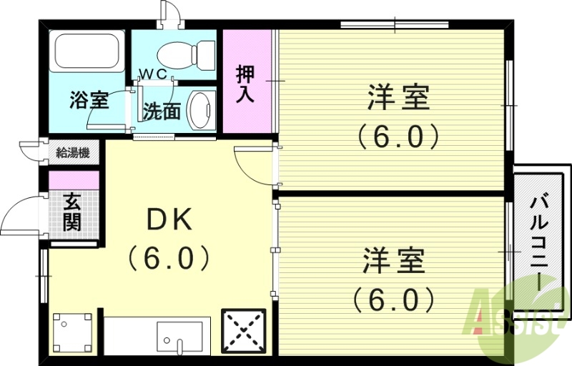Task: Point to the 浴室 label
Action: click(x=89, y=100)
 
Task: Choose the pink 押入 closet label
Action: click(x=246, y=84)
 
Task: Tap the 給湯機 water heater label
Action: click(x=73, y=152)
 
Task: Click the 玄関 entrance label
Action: click(x=71, y=212)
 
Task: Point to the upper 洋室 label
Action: click(x=399, y=98)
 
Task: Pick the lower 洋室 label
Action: click(x=394, y=261)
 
